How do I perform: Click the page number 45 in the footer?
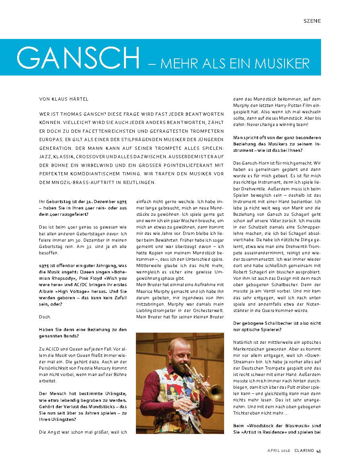[318, 451]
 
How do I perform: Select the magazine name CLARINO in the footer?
[304, 451]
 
